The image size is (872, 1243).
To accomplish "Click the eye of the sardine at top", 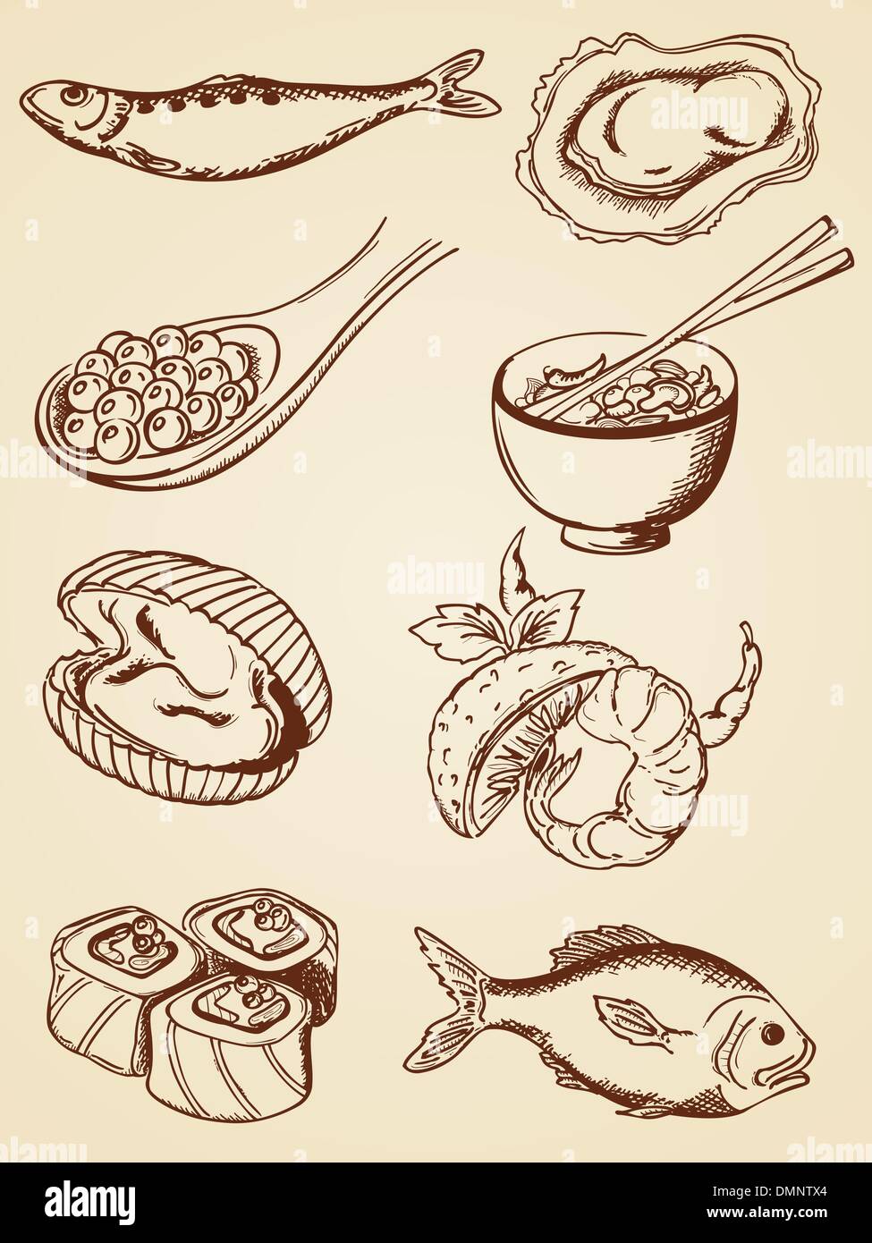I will click(x=75, y=95).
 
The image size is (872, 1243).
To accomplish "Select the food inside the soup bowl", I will click(x=626, y=393).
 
